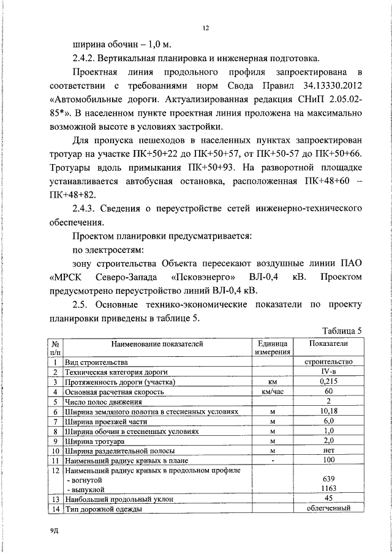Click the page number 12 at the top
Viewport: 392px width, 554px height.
tap(207, 28)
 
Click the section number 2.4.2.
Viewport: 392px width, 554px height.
tap(87, 59)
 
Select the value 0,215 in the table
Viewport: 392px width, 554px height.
tap(329, 382)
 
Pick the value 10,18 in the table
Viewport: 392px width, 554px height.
tap(329, 411)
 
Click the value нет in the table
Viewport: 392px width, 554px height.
tap(329, 451)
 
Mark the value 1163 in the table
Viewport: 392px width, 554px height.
tap(329, 490)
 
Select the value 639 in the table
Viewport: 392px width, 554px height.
tap(329, 480)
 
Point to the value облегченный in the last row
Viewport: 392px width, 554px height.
tap(329, 508)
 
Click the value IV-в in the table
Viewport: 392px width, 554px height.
tap(329, 372)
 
